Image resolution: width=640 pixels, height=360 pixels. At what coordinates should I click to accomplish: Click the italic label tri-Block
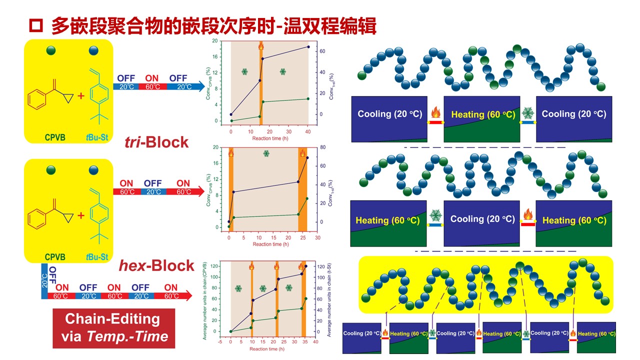click(x=156, y=142)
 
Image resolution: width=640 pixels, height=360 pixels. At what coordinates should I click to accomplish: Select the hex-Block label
click(x=156, y=265)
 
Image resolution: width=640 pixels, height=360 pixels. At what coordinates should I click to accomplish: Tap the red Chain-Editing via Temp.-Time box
click(x=113, y=328)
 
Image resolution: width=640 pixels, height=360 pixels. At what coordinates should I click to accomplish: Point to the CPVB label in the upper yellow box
click(x=55, y=136)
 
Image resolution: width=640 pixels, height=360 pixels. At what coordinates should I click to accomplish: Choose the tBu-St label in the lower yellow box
click(x=97, y=257)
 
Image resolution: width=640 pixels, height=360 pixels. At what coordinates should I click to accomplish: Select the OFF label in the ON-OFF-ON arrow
click(x=153, y=183)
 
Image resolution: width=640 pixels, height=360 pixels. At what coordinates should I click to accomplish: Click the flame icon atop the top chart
click(x=260, y=46)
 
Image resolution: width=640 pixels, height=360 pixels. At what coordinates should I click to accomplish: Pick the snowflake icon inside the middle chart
click(x=265, y=154)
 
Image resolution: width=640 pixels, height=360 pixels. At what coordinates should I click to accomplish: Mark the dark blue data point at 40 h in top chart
click(x=308, y=47)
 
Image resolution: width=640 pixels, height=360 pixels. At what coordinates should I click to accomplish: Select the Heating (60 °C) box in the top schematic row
click(x=482, y=119)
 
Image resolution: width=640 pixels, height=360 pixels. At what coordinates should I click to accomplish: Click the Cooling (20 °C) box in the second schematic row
click(x=482, y=223)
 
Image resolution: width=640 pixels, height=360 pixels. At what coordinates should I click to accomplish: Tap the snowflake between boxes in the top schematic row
click(x=527, y=113)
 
